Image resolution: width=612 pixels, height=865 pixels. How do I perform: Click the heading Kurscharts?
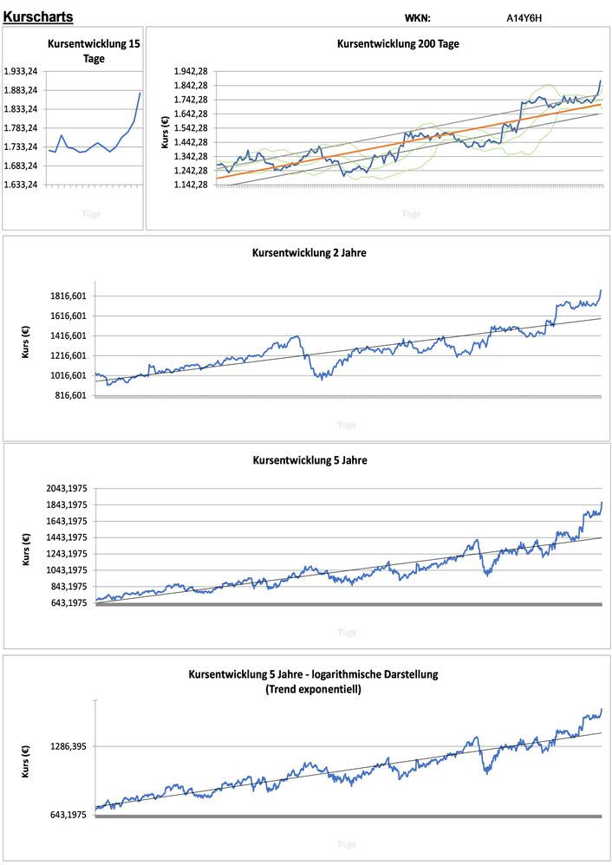(38, 17)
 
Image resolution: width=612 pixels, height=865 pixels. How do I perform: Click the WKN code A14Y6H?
(524, 17)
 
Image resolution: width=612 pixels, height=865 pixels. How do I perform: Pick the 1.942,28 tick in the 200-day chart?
(191, 71)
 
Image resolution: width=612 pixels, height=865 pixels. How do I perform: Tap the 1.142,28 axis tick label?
(191, 185)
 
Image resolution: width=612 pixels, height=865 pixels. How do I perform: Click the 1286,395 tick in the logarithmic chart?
(71, 746)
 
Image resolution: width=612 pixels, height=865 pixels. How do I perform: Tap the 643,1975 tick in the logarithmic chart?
(71, 815)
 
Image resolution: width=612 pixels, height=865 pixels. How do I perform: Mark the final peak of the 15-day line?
(140, 93)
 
